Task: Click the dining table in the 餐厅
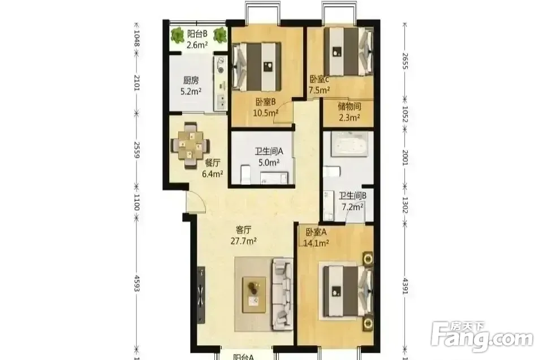[191, 145]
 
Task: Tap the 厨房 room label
[191, 81]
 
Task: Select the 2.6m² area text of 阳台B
[197, 45]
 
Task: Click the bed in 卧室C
[349, 51]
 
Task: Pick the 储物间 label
[350, 106]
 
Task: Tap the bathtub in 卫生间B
[349, 144]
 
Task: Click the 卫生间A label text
[269, 151]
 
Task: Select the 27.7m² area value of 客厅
[243, 241]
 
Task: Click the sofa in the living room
[283, 293]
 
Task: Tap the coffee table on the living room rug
[254, 294]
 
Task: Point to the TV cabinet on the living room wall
[201, 295]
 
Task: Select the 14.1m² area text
[316, 244]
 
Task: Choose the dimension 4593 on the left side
[137, 283]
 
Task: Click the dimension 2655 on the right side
[406, 61]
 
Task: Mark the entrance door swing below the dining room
[196, 201]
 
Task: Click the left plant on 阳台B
[177, 35]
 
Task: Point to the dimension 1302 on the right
[406, 205]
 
